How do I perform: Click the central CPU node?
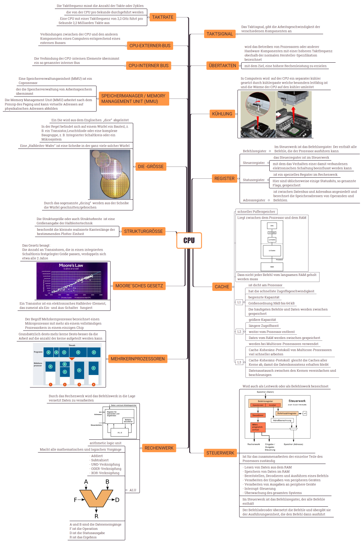[x=189, y=240]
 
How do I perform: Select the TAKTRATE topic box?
[x=162, y=17]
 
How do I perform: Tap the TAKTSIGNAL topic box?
[x=219, y=34]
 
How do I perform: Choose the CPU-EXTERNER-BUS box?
[x=150, y=46]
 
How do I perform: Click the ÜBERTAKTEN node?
[x=222, y=66]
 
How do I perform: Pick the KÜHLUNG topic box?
[x=222, y=114]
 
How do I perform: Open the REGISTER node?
[x=224, y=178]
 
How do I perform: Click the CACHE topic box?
[x=222, y=287]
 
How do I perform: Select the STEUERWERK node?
[x=220, y=453]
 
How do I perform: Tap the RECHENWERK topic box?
[x=159, y=448]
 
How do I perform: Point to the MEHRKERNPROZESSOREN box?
[x=138, y=359]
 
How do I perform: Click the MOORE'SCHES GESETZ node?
[x=139, y=286]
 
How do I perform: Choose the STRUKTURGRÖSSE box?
[x=143, y=231]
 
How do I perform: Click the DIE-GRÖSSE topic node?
[x=151, y=166]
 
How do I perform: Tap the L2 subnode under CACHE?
[x=239, y=331]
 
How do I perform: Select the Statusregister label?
[x=254, y=180]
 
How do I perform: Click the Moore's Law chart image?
[x=72, y=281]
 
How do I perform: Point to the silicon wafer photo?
[x=110, y=174]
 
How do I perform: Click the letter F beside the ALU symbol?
[x=75, y=500]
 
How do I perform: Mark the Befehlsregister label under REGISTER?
[x=254, y=151]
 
